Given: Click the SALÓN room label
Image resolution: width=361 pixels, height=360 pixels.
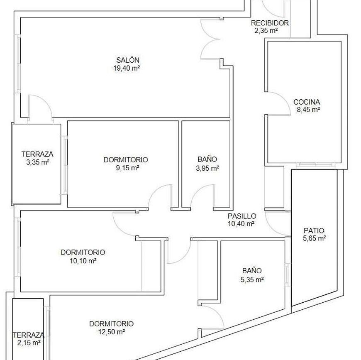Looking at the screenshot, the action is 128,60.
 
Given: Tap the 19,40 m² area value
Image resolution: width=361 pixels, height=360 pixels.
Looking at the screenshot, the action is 127,68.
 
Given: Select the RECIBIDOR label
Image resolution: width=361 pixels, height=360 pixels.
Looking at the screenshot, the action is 270,23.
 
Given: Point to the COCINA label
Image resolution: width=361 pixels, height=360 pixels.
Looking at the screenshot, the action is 307,102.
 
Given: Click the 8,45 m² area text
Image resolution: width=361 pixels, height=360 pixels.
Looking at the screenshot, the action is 308,110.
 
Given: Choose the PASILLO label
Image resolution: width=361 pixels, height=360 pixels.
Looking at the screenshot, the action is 242,216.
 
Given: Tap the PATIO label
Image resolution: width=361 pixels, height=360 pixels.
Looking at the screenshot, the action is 314,230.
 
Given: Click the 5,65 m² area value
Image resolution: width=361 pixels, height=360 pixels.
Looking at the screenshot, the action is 314,238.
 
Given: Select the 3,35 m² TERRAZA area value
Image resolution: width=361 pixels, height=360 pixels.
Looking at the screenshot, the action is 37,162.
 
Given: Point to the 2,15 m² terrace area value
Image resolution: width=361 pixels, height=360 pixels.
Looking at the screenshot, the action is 29,343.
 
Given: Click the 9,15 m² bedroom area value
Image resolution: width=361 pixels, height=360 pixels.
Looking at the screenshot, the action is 127,168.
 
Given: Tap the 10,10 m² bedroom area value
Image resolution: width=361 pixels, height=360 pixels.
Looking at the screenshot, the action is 83,261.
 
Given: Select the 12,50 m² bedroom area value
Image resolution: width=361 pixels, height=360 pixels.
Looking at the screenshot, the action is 112,332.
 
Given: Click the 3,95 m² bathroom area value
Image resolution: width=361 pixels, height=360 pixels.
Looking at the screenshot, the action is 207,168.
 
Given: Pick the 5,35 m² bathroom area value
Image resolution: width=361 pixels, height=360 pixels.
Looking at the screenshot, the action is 252,279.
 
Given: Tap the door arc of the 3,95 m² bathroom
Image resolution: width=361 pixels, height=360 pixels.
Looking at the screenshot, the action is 198,191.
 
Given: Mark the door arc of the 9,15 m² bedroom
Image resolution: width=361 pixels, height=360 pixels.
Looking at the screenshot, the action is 156,191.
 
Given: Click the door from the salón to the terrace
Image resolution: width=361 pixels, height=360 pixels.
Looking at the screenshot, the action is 46,101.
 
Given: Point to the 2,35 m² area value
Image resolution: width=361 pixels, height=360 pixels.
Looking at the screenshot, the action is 266,31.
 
